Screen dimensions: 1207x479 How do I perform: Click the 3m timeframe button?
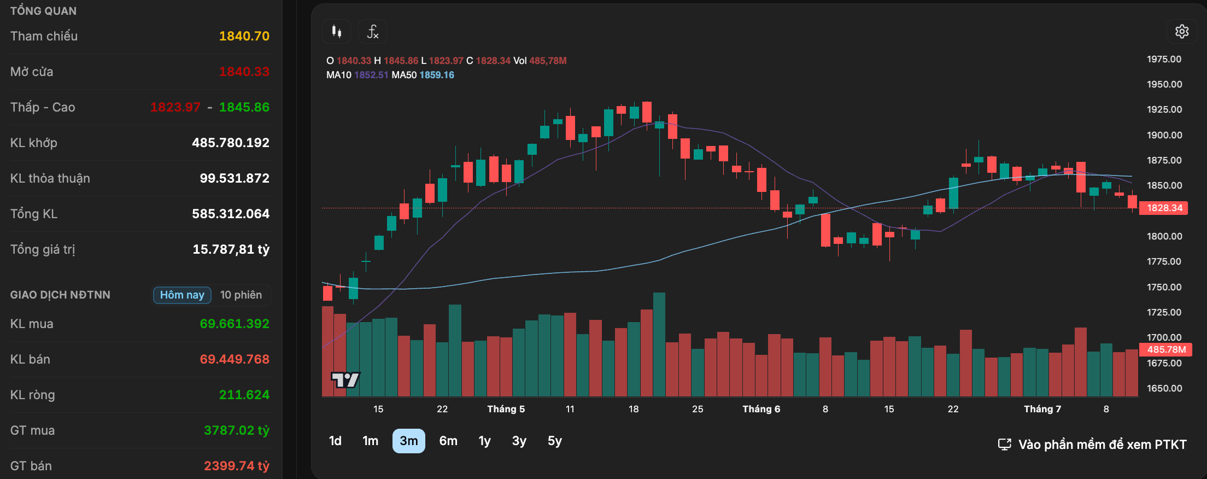point(408,441)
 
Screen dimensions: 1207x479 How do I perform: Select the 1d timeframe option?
point(335,441)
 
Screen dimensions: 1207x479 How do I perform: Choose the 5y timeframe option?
point(554,441)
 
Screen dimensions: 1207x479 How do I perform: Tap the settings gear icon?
point(1182,32)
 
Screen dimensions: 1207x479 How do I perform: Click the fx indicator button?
point(372,32)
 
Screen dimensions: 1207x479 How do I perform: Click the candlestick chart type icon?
point(337,32)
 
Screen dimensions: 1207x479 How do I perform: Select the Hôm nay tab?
point(182,295)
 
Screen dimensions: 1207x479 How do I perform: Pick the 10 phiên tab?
point(241,295)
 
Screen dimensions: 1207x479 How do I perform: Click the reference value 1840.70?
point(244,36)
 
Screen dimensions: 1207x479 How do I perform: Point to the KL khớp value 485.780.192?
point(231,143)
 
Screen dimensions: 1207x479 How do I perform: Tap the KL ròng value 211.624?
point(244,395)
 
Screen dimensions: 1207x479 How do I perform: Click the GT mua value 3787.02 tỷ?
point(237,430)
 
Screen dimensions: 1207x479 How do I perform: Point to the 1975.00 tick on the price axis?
point(1164,59)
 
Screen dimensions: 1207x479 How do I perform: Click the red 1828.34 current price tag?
point(1164,208)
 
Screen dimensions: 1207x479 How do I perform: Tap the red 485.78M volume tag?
point(1165,349)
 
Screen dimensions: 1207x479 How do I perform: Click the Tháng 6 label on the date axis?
point(761,409)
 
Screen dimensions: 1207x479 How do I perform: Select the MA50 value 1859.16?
point(437,75)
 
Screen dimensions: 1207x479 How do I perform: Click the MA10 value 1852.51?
point(371,75)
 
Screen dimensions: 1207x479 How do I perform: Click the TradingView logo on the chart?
point(345,379)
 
